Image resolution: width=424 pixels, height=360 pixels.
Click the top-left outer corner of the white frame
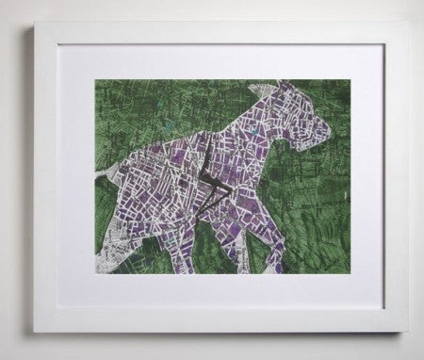(x=34, y=25)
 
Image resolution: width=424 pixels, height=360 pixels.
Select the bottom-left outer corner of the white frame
(x=36, y=332)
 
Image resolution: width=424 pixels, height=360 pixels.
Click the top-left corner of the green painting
(x=94, y=79)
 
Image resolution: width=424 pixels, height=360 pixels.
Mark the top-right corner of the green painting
(x=351, y=79)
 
